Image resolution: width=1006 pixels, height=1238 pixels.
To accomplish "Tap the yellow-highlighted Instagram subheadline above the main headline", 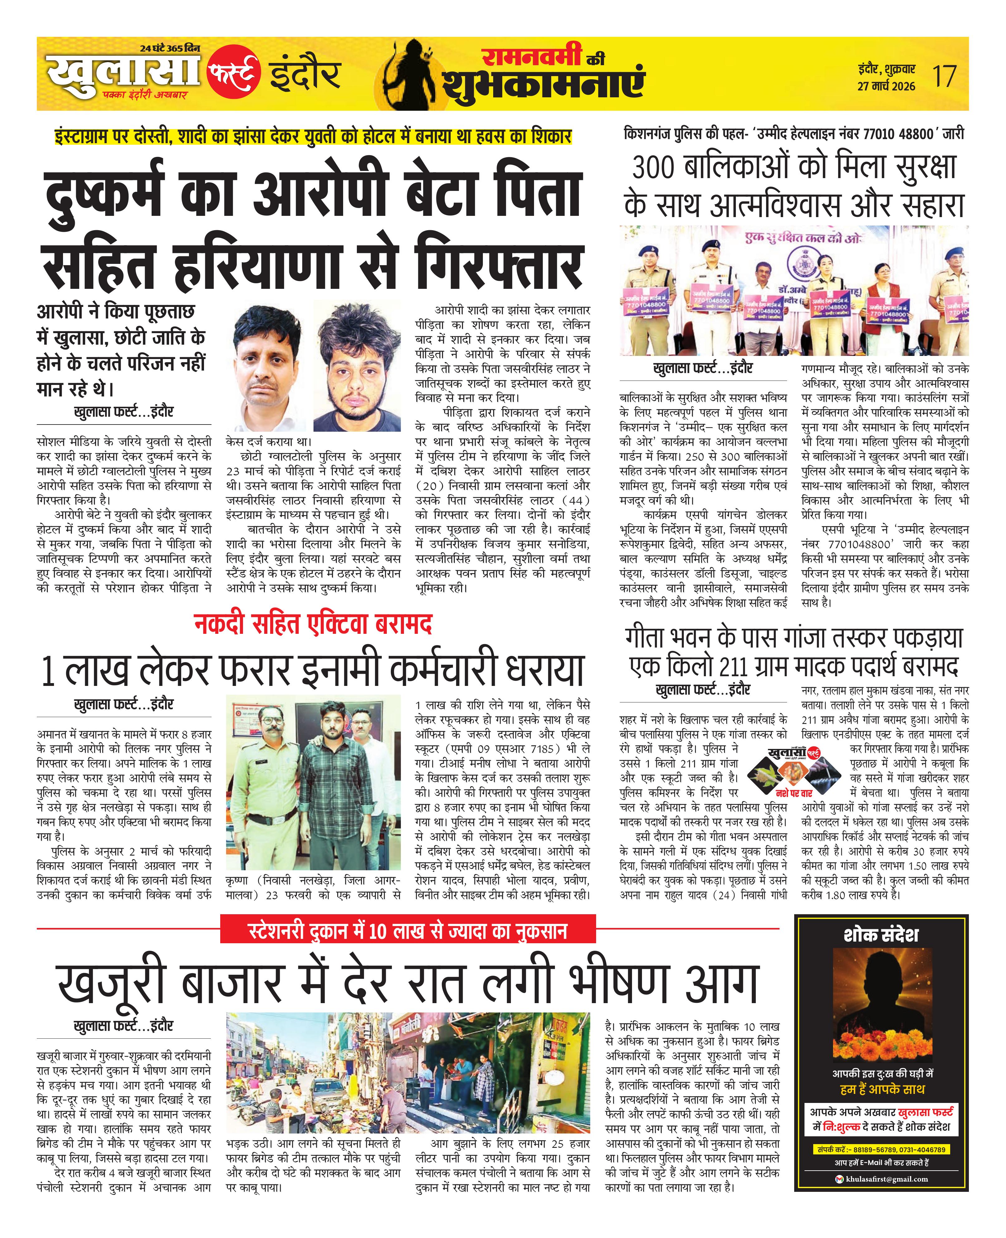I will [313, 137].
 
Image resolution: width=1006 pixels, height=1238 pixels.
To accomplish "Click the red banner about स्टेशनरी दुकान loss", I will [408, 931].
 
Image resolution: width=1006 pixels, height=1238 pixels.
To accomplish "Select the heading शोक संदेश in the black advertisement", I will [881, 935].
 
